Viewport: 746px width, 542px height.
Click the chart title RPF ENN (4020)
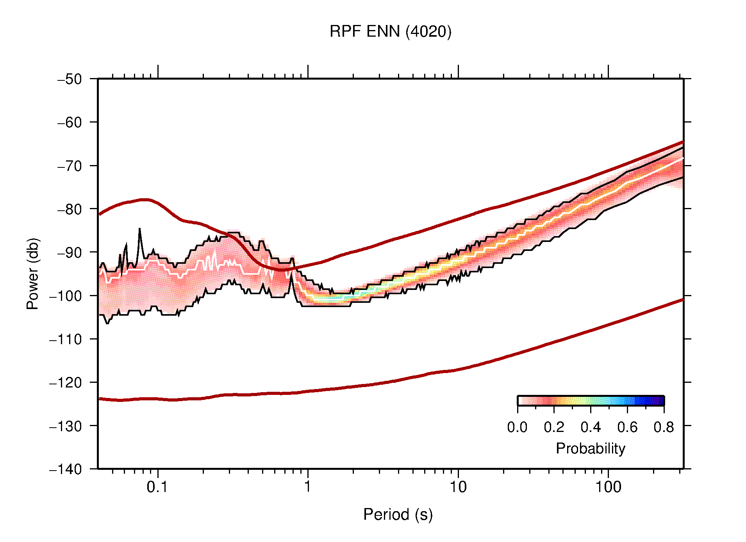390,32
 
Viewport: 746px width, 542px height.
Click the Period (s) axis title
398,514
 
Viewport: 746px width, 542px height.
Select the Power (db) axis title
33,274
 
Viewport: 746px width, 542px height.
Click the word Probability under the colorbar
590,448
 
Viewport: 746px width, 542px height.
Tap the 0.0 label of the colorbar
517,427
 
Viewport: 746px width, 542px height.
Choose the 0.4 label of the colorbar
591,427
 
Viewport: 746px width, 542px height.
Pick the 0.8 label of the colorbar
664,427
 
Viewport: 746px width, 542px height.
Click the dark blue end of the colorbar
660,401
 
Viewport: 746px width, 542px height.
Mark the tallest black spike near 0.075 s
139,229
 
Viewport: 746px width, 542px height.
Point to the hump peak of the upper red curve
145,199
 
